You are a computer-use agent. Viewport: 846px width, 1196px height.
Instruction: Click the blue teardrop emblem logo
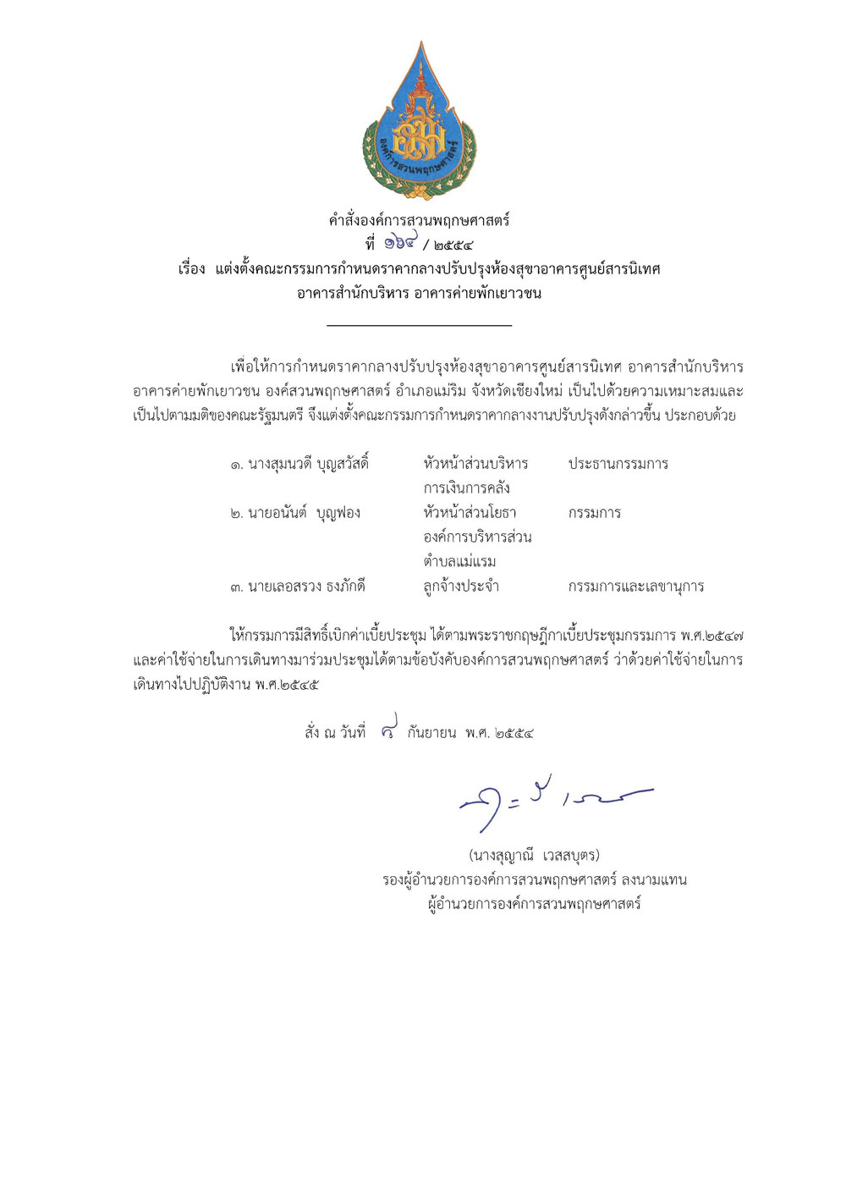click(x=420, y=123)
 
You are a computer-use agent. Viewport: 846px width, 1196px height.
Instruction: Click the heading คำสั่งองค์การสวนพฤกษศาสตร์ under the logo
click(x=419, y=221)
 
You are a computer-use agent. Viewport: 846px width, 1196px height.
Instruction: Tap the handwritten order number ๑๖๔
click(x=400, y=243)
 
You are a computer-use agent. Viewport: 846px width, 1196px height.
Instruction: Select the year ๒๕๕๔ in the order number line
click(x=453, y=246)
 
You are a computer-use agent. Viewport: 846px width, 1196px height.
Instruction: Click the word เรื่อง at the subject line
click(x=191, y=270)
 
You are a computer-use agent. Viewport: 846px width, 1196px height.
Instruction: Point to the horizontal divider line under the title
click(x=419, y=325)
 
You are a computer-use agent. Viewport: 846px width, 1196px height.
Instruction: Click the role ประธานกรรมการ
click(x=618, y=464)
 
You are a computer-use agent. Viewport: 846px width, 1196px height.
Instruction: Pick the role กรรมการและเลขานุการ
click(x=635, y=587)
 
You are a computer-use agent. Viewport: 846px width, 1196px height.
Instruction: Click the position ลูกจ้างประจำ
click(x=461, y=587)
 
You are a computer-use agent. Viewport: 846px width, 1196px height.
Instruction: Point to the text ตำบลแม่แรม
click(x=459, y=561)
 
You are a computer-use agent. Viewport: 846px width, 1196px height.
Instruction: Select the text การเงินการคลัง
click(x=466, y=488)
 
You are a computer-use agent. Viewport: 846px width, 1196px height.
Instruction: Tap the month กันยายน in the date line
click(x=431, y=733)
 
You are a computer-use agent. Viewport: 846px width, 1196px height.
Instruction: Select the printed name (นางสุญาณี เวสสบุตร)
click(x=534, y=856)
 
